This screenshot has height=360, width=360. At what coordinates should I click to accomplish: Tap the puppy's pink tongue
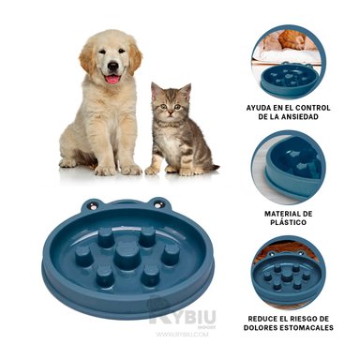(112, 79)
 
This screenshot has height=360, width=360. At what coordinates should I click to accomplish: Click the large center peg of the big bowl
(126, 254)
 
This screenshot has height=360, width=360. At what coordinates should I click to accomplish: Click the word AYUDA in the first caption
(263, 108)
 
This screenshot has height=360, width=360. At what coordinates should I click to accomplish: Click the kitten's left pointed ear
(156, 89)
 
